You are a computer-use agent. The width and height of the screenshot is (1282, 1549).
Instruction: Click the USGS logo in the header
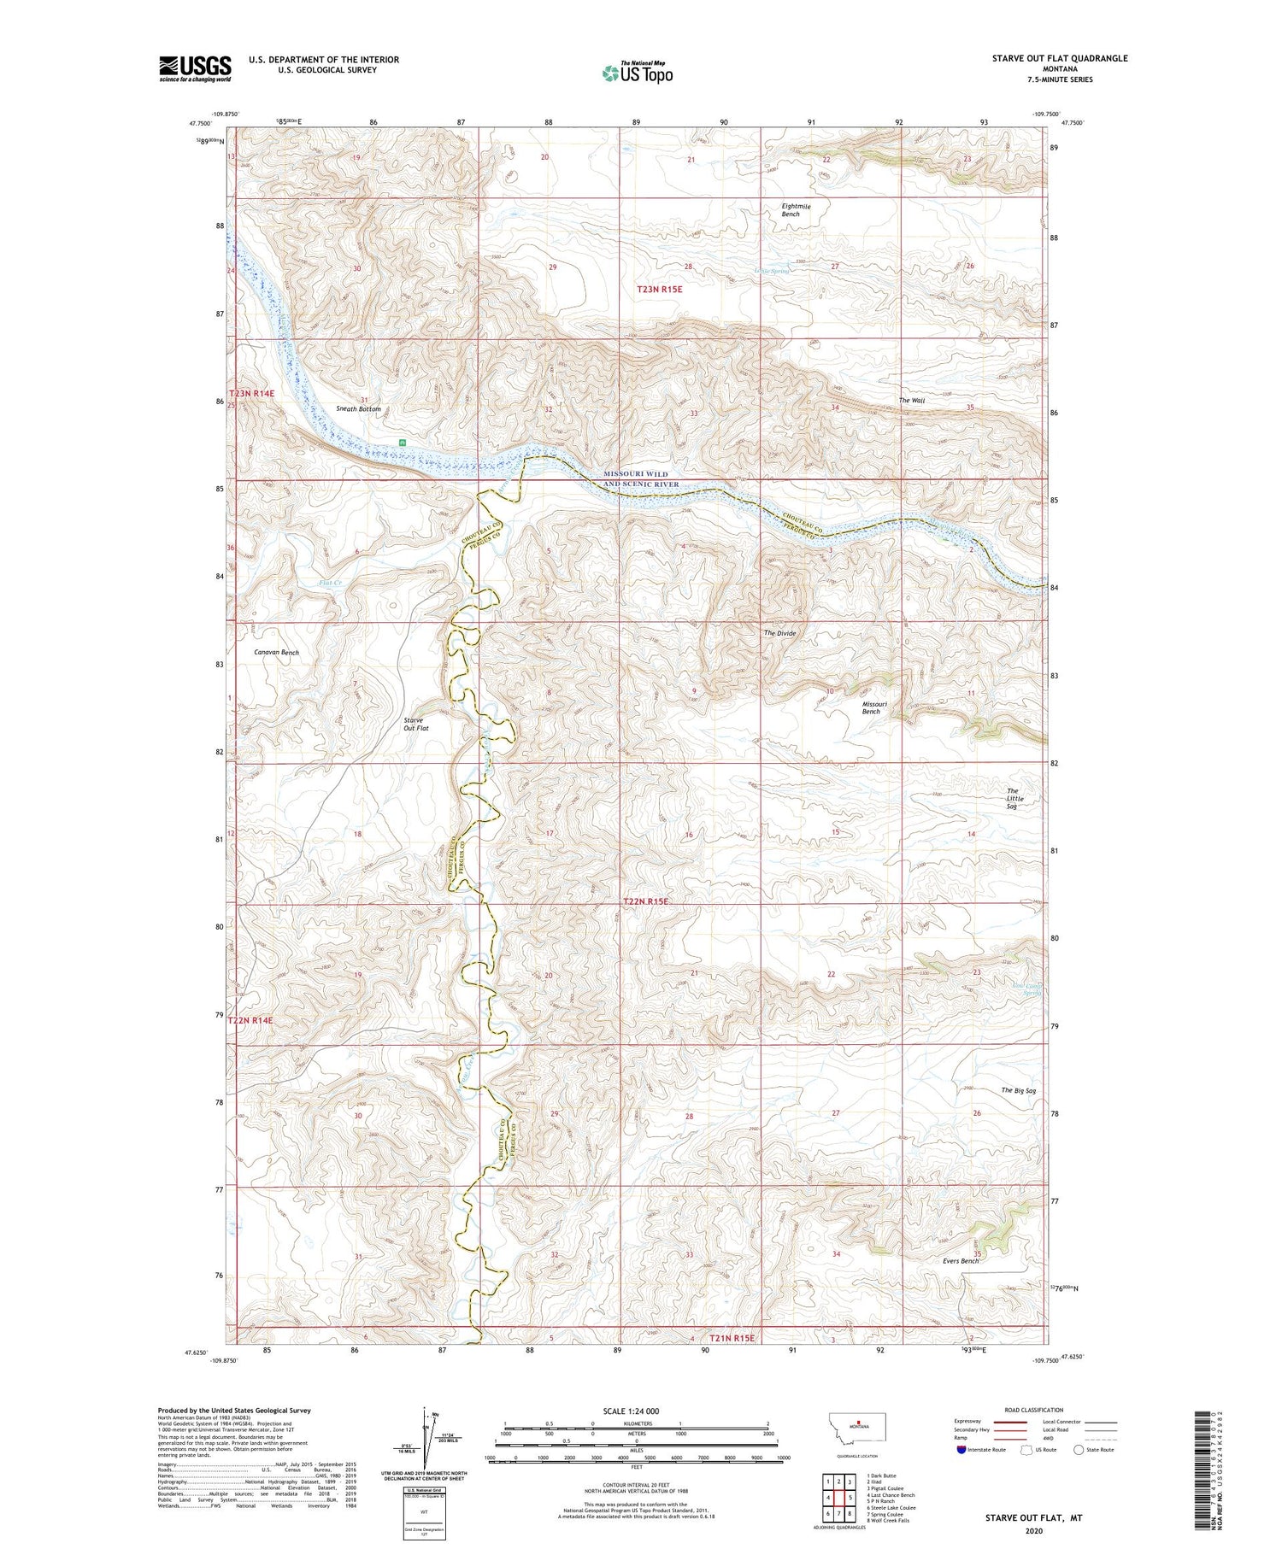195,68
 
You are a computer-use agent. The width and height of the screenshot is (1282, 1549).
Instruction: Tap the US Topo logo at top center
637,73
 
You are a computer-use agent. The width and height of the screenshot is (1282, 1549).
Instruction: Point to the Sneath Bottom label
358,409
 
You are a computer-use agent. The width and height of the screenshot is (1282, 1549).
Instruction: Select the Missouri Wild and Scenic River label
641,478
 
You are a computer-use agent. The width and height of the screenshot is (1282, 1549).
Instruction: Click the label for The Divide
779,633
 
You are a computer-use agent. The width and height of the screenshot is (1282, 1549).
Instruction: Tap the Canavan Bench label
277,652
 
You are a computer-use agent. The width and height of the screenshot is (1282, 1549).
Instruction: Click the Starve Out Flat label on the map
415,724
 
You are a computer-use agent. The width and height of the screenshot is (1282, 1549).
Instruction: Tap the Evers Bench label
961,1261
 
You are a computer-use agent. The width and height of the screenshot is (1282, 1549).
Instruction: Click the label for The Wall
911,401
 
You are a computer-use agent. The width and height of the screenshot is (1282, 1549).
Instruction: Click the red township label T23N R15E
660,290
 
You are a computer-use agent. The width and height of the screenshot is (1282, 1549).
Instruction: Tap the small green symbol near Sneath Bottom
401,442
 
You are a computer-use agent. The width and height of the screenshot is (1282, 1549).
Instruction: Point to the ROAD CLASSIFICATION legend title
1034,1410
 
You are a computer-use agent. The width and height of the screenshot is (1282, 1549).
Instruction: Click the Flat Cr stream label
331,583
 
